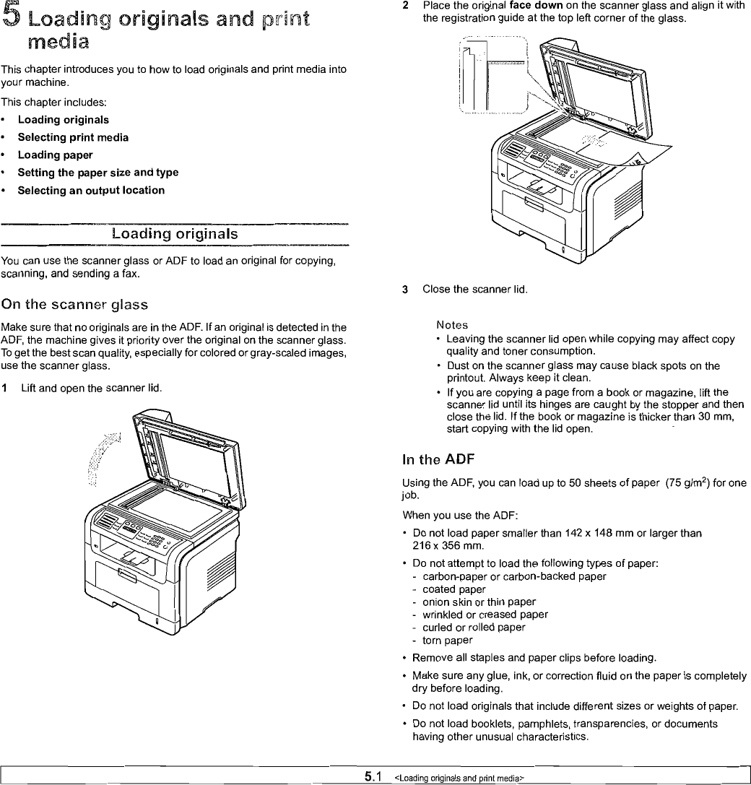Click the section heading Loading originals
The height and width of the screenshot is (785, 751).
pos(175,235)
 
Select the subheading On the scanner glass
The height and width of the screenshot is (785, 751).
pos(75,304)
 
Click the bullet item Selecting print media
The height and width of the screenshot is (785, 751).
pos(73,137)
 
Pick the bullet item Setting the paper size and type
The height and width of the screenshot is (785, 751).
pos(97,173)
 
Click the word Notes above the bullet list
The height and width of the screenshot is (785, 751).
pos(452,325)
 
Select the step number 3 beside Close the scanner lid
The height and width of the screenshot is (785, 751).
pos(406,290)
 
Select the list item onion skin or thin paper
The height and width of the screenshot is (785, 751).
pos(469,602)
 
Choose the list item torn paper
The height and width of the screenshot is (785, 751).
pos(448,641)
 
